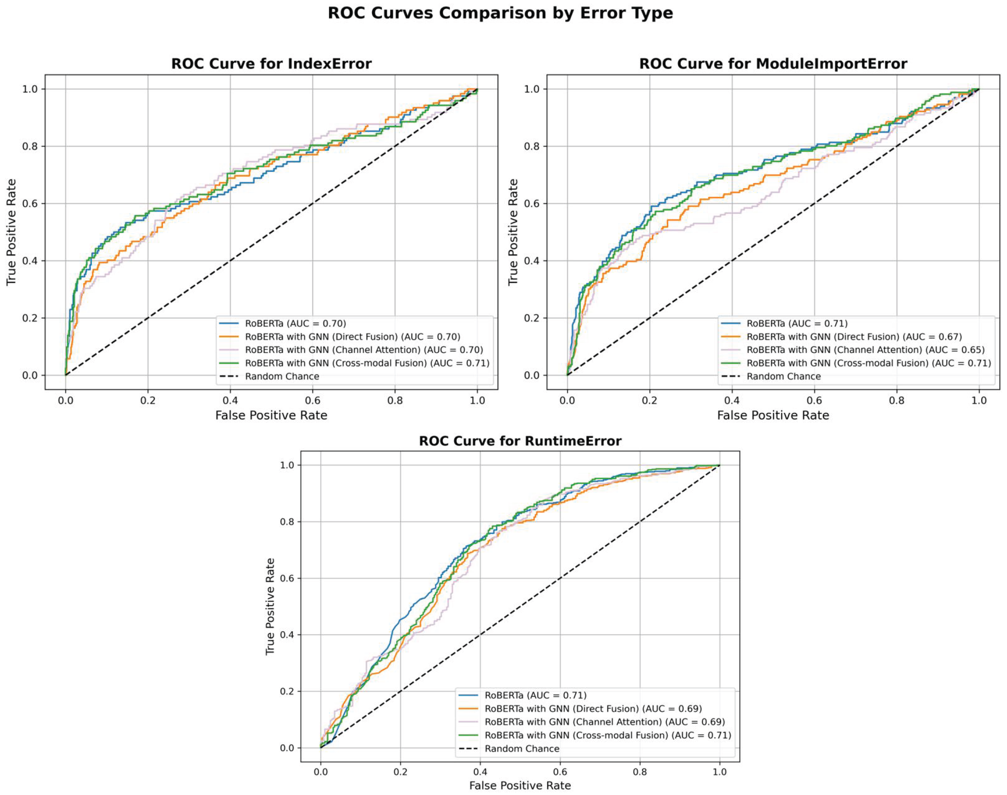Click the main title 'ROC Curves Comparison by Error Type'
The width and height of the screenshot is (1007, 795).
[500, 13]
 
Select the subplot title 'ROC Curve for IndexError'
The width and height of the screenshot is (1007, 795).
[271, 64]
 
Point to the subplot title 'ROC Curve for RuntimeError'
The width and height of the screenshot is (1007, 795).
[520, 441]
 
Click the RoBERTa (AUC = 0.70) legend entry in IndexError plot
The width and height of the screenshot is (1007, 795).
[295, 324]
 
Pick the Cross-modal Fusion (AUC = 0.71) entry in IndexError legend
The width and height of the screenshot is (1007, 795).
[366, 363]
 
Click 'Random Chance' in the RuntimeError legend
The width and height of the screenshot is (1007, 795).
[521, 748]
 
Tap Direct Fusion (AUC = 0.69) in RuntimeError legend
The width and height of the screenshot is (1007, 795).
[592, 708]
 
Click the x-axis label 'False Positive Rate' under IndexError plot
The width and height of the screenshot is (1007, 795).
[271, 415]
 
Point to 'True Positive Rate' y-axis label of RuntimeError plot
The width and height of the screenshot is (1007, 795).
[270, 607]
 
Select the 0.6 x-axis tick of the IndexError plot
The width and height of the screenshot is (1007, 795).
[312, 400]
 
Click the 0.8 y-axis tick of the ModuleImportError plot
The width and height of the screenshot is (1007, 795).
[532, 146]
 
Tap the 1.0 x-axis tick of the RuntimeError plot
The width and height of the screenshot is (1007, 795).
[719, 772]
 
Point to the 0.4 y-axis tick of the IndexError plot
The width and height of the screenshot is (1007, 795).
[30, 261]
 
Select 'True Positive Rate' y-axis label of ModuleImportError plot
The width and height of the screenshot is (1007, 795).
[513, 232]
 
